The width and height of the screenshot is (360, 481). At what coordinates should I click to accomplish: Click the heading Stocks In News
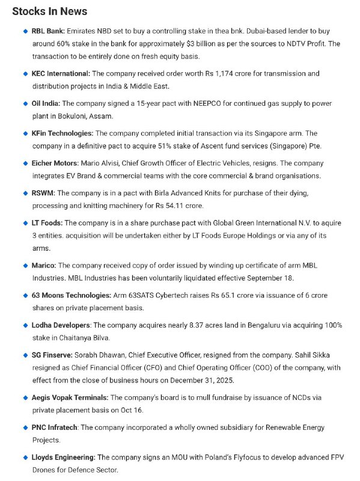click(49, 11)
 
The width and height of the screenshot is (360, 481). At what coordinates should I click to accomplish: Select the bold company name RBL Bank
click(48, 30)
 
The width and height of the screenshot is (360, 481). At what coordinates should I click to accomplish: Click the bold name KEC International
click(60, 73)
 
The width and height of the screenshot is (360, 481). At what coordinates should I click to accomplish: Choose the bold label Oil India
click(46, 103)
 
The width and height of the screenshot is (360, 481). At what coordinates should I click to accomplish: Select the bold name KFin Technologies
click(62, 133)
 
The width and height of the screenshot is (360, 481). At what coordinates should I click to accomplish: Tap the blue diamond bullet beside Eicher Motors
click(25, 163)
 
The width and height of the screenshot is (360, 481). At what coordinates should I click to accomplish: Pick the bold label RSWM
click(43, 193)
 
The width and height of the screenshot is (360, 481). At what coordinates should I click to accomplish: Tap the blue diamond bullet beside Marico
click(25, 265)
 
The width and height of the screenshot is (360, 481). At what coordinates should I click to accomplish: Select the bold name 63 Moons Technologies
click(72, 295)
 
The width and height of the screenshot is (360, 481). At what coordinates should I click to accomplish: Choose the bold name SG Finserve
click(52, 355)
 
